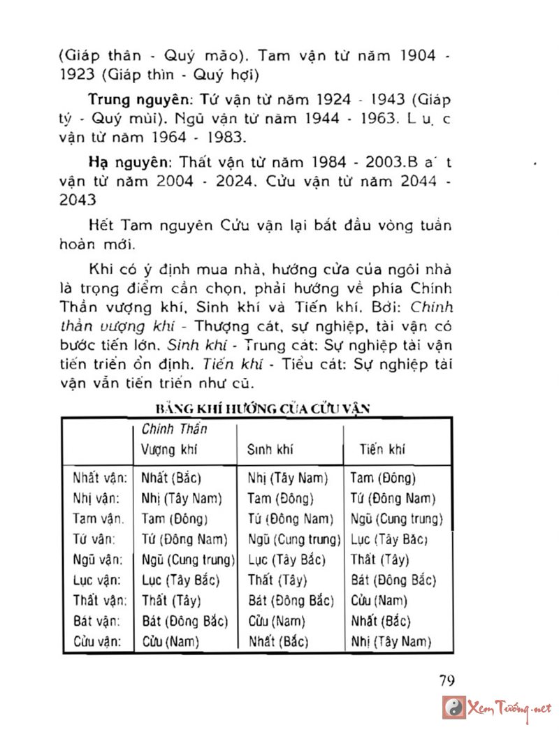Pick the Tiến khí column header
(382, 450)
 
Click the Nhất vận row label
(100, 478)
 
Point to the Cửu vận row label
(100, 641)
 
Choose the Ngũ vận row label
(100, 560)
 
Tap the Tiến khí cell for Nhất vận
(383, 478)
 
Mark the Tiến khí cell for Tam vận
(397, 519)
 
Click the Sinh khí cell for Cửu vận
(279, 641)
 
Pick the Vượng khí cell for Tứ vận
(184, 539)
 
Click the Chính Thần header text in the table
(175, 429)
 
